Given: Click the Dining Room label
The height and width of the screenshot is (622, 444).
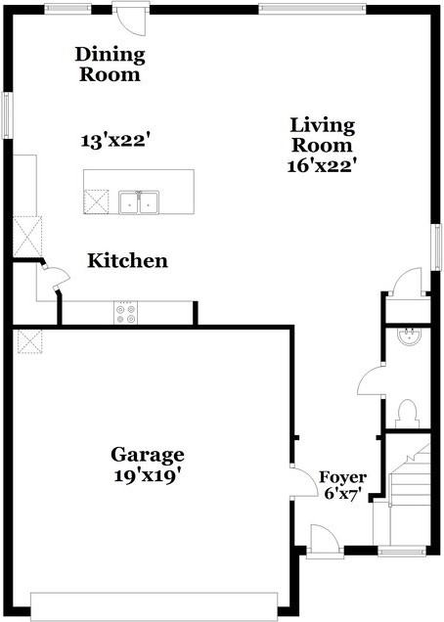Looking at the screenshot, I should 110,65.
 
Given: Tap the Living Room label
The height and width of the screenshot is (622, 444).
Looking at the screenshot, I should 322,135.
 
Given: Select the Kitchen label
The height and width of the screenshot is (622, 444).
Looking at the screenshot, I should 127,261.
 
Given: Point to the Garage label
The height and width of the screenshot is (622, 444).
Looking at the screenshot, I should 147,455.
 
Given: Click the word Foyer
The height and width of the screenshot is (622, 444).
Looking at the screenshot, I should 343,477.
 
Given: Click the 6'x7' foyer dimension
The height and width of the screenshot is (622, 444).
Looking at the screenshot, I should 344,495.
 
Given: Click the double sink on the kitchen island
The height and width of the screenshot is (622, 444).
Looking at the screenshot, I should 140,202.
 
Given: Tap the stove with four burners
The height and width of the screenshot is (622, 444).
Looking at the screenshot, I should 126,313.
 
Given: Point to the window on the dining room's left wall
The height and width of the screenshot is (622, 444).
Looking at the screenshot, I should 5,115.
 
